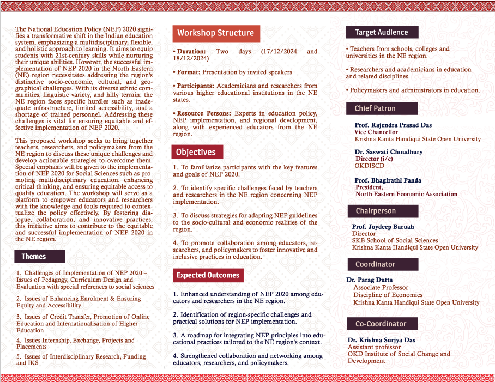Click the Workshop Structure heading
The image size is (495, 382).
click(x=215, y=33)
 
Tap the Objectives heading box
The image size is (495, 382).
click(x=196, y=152)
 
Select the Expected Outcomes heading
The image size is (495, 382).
click(x=208, y=275)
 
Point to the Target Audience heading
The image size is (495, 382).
click(x=381, y=32)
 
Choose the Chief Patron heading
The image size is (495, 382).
click(x=375, y=108)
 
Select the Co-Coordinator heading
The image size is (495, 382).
click(x=381, y=324)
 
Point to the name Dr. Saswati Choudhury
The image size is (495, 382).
click(x=388, y=152)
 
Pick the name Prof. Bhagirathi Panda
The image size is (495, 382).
click(x=388, y=180)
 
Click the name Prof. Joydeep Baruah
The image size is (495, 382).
click(x=383, y=227)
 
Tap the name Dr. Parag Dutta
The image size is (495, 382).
click(x=370, y=280)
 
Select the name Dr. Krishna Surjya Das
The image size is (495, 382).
click(x=382, y=341)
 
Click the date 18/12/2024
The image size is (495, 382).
click(x=191, y=58)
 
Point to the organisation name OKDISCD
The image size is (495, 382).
click(x=369, y=166)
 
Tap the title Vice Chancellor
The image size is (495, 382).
click(x=376, y=132)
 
